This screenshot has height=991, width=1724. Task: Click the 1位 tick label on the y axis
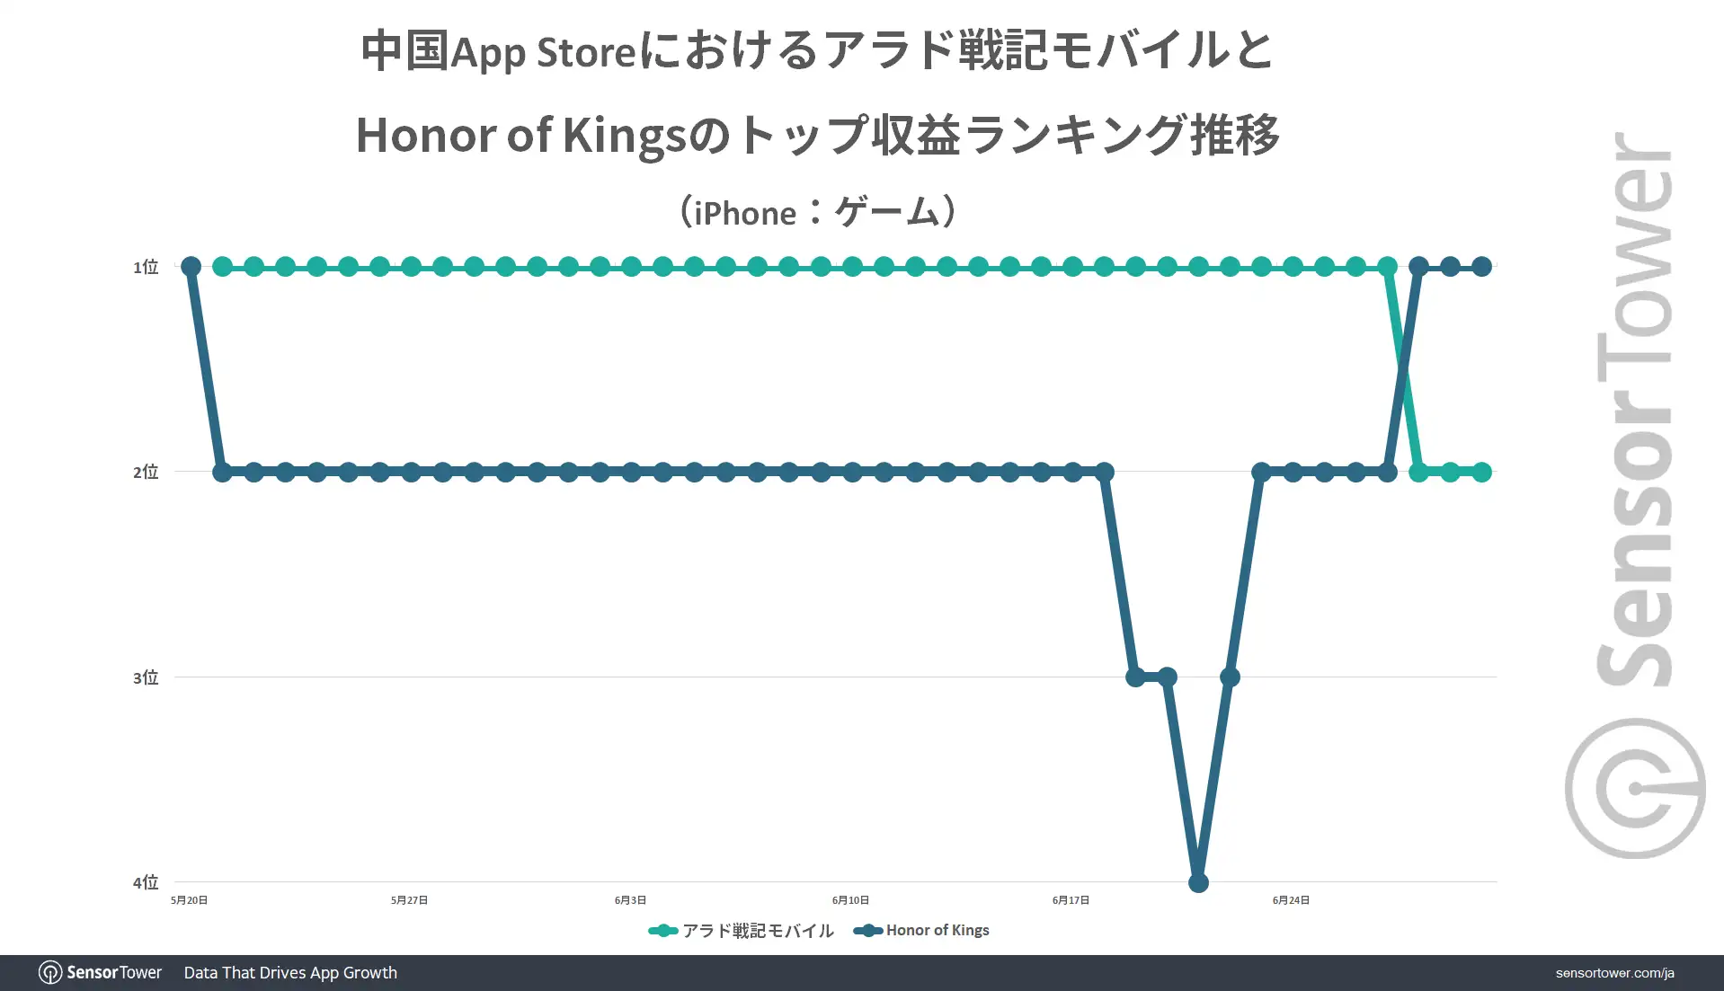click(146, 267)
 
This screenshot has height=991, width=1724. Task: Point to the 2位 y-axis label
click(146, 472)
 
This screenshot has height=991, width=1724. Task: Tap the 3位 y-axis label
click(146, 677)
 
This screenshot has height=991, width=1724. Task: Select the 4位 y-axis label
click(146, 882)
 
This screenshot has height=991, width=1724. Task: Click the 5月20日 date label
click(189, 900)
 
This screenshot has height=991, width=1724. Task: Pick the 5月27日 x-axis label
click(409, 900)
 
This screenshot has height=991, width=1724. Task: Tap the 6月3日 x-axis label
click(630, 900)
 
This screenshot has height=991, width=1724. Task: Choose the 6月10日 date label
click(850, 900)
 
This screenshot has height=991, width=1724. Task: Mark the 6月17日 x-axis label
click(1071, 900)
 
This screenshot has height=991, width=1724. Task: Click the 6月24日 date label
click(1291, 900)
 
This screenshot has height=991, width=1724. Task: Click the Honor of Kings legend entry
click(921, 931)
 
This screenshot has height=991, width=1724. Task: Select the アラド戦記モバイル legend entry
click(742, 931)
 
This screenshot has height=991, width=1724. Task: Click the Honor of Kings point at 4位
click(1198, 882)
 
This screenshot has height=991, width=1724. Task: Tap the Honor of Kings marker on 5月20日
click(191, 267)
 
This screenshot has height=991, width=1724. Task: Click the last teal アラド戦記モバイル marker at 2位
click(1481, 472)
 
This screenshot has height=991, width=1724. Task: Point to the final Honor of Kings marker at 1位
click(1481, 267)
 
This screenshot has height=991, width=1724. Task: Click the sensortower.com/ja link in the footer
click(1614, 973)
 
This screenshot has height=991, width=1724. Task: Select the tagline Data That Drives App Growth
click(290, 973)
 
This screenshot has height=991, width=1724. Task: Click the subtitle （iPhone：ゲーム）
click(817, 212)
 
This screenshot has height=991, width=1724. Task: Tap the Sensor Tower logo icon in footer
click(50, 973)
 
